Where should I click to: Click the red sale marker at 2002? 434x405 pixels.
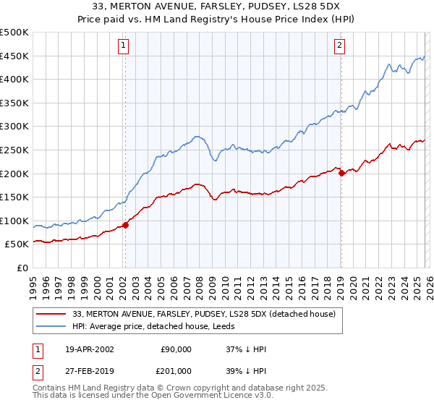point(125,225)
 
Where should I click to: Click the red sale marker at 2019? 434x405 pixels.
point(341,173)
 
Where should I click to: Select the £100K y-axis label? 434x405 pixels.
point(14,221)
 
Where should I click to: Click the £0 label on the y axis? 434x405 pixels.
point(21,268)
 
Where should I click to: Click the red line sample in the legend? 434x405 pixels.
point(52,315)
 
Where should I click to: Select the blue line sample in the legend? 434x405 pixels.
point(52,327)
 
